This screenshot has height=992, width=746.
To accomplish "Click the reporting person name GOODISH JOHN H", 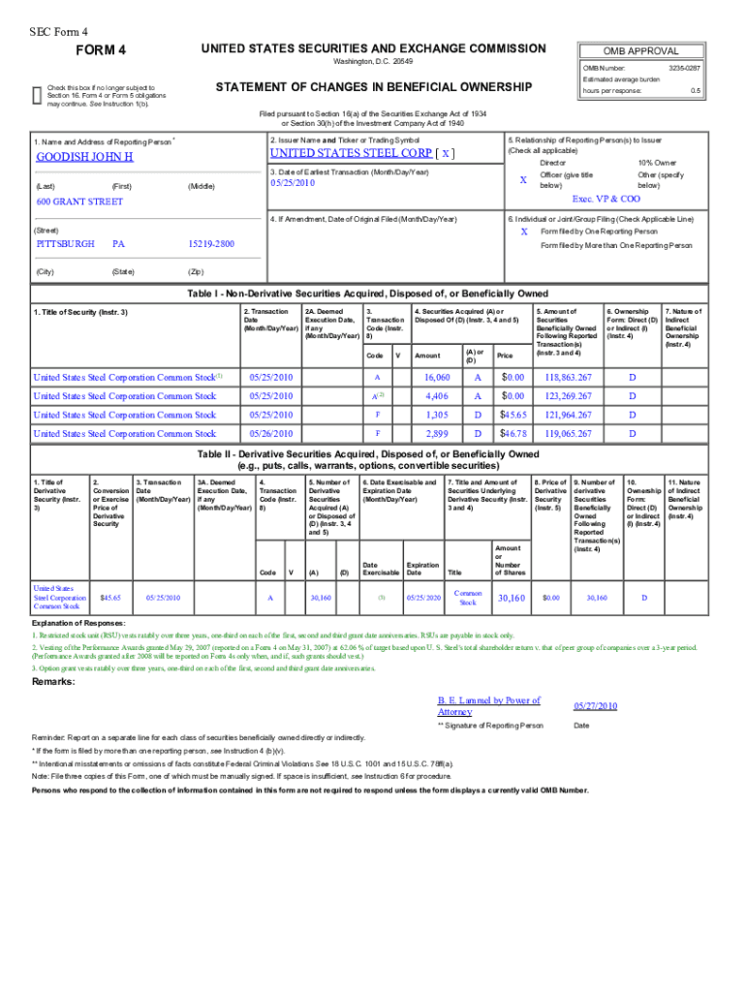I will click(84, 157).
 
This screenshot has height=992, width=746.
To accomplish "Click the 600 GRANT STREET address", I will click(79, 201).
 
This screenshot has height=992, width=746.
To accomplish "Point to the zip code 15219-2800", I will click(211, 244).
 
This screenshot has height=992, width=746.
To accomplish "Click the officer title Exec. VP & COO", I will click(606, 198).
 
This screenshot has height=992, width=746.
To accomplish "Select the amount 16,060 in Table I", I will click(437, 377).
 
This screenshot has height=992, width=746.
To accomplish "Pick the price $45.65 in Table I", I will click(513, 415).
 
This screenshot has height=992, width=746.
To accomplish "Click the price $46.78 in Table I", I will click(513, 433).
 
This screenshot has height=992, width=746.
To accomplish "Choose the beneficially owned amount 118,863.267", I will click(567, 377).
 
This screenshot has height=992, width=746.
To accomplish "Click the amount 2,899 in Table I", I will click(437, 433).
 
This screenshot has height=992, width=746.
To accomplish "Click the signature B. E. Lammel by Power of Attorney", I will click(489, 705).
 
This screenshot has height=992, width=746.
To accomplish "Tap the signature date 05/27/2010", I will click(595, 706).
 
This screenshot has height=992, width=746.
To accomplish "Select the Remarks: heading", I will click(56, 681).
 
